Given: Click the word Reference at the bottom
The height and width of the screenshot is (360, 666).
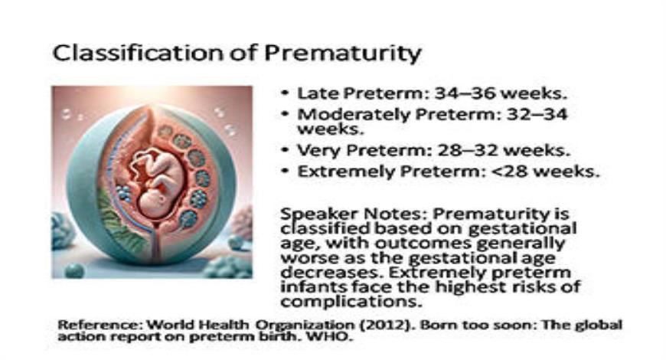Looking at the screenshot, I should point(90,324).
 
